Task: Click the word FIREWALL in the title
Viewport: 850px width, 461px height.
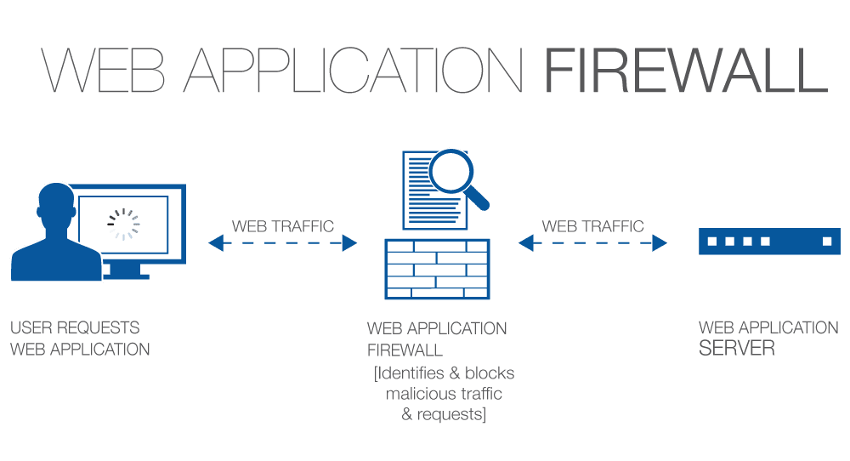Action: click(685, 72)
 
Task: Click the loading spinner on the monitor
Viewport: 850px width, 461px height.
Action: click(123, 224)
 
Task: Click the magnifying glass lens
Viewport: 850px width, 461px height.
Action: click(450, 172)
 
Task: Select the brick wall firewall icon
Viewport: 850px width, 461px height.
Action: click(437, 269)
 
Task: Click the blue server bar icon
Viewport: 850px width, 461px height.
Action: click(768, 242)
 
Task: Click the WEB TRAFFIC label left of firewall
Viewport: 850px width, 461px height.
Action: click(283, 226)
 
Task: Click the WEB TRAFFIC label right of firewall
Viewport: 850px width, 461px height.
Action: click(592, 226)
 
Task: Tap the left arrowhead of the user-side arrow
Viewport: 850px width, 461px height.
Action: click(215, 243)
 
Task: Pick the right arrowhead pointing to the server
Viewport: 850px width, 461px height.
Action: click(659, 243)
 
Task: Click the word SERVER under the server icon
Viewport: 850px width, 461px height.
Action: click(737, 349)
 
